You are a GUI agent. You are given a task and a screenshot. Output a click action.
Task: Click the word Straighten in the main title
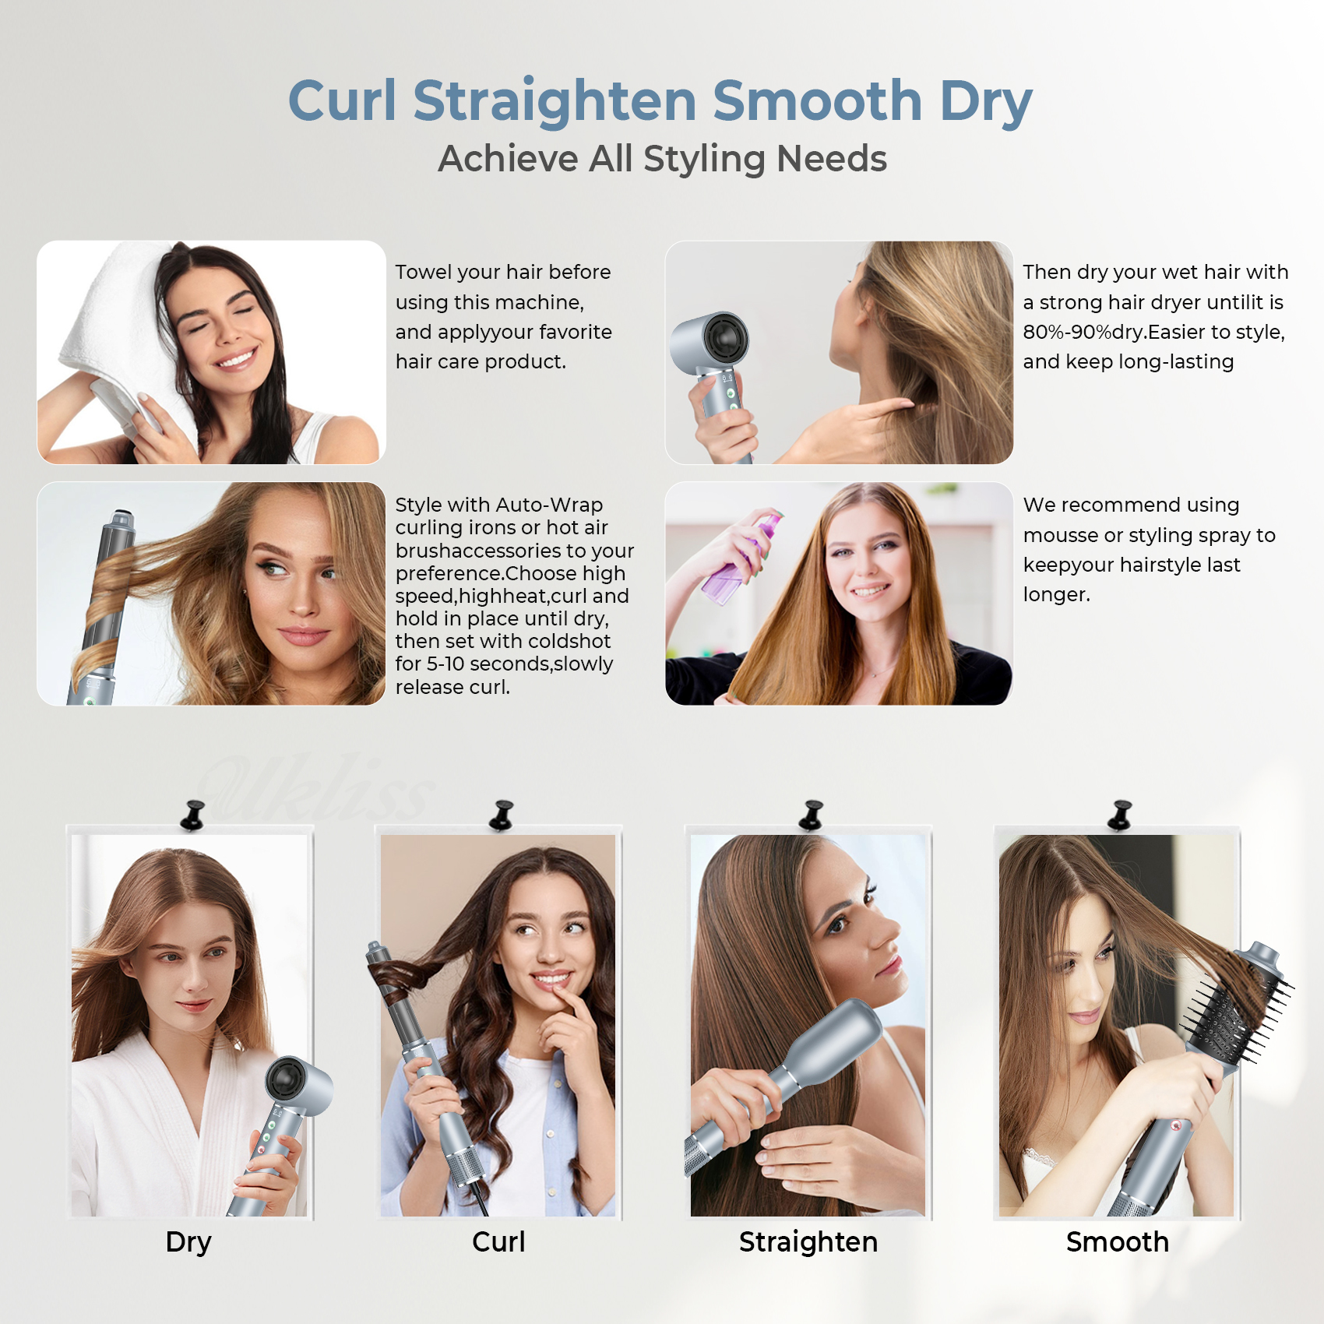pyautogui.click(x=555, y=101)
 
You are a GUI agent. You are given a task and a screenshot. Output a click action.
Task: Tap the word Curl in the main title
pyautogui.click(x=342, y=101)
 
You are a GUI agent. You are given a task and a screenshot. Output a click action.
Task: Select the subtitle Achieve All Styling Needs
pyautogui.click(x=662, y=159)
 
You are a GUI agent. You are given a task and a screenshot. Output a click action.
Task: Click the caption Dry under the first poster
pyautogui.click(x=188, y=1241)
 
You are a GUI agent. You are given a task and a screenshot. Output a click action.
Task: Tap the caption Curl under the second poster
pyautogui.click(x=498, y=1241)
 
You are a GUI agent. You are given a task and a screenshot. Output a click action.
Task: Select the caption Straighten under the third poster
pyautogui.click(x=808, y=1241)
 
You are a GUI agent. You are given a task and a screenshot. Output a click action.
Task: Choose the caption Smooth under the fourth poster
pyautogui.click(x=1117, y=1241)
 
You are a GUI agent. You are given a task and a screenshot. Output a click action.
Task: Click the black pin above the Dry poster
pyautogui.click(x=192, y=815)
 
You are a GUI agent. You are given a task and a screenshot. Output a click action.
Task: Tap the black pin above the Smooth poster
pyautogui.click(x=1121, y=815)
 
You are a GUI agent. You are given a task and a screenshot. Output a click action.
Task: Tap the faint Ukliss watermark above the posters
pyautogui.click(x=312, y=787)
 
